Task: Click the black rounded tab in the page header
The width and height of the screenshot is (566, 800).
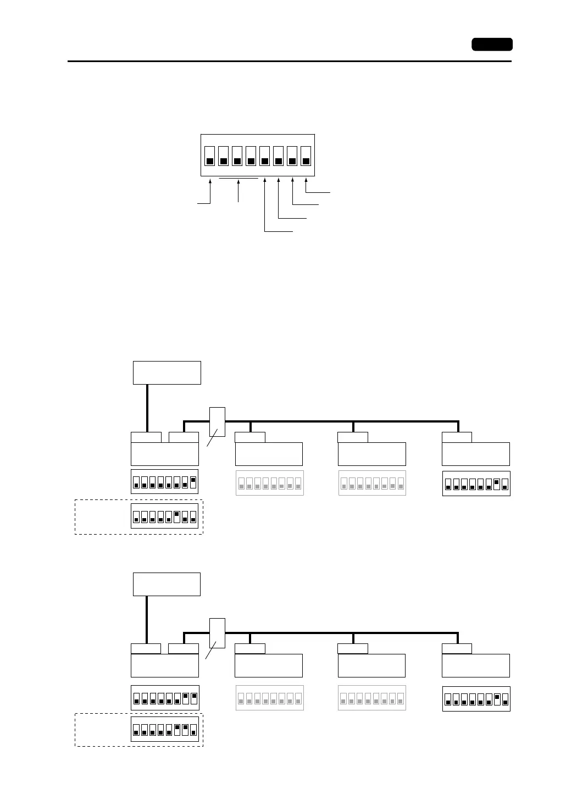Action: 492,45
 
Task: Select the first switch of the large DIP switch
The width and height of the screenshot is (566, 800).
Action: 210,155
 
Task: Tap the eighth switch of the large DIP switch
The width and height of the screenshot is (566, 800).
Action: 306,155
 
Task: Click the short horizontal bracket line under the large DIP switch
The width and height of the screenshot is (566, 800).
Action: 238,179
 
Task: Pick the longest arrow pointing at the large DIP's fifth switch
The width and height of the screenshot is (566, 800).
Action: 265,204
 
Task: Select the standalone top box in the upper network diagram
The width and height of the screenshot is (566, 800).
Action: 167,373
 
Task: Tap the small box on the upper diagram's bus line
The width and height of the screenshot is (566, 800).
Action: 218,422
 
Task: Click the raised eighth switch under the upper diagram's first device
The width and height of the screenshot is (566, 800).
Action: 193,482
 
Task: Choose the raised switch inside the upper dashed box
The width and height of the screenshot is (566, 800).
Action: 177,516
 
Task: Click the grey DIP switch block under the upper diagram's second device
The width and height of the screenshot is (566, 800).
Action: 270,483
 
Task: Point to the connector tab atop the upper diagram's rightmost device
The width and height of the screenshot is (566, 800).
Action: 457,437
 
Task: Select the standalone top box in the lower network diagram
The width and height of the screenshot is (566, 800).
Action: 167,584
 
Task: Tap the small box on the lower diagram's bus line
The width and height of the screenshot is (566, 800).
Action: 218,633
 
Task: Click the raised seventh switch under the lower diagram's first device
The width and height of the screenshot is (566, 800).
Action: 185,698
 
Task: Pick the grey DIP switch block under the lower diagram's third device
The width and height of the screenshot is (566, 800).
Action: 372,698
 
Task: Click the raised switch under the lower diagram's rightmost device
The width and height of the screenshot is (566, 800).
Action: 497,699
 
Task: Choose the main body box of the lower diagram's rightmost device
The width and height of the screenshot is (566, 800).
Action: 476,665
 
